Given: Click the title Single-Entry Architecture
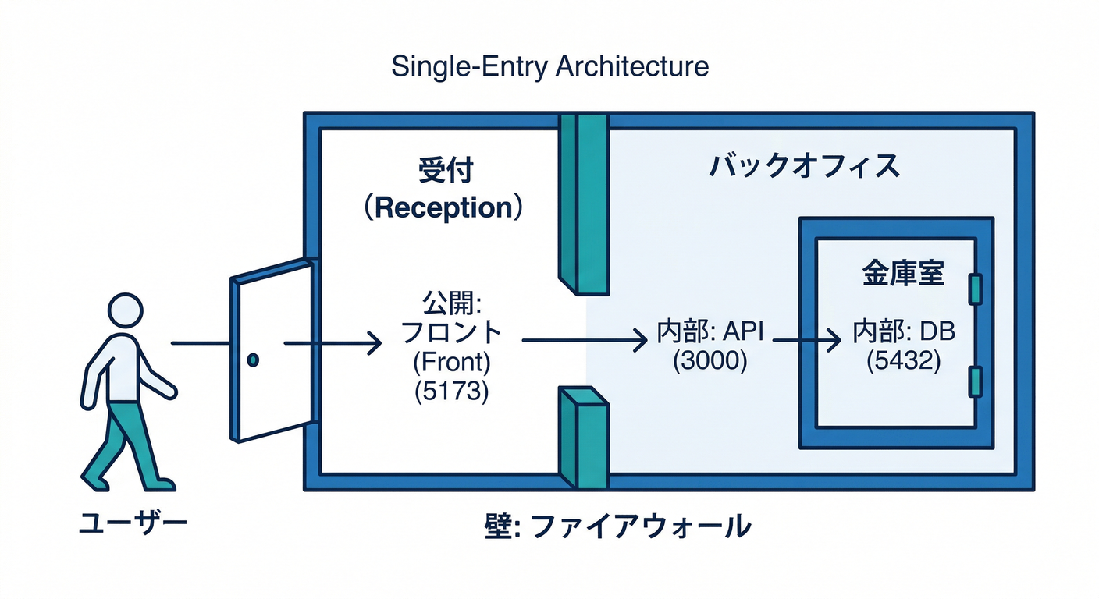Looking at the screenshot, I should [549, 66].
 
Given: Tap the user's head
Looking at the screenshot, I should [126, 311].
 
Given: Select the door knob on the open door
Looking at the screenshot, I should [252, 360].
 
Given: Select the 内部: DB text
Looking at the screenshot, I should [903, 334].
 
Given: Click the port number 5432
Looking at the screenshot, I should [903, 362].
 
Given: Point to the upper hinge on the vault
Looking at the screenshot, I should [973, 289].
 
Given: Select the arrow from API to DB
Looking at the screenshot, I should [804, 341].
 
